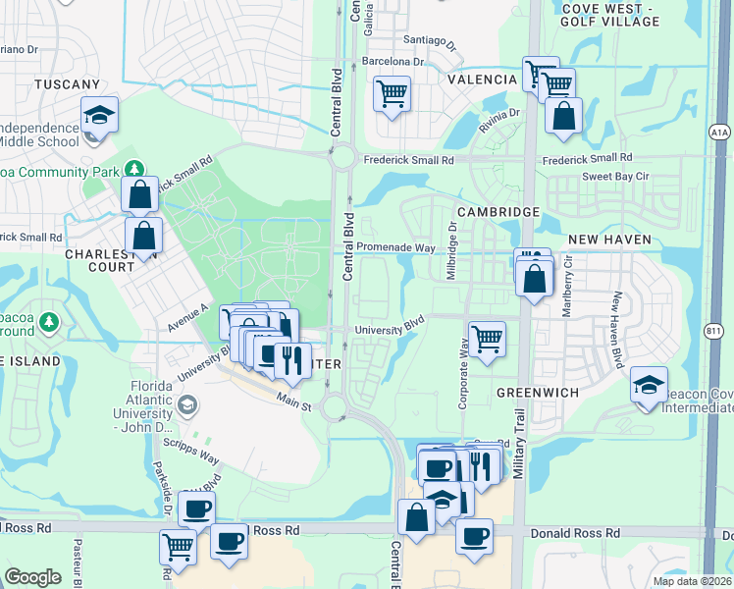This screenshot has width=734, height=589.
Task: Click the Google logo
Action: click(x=33, y=577)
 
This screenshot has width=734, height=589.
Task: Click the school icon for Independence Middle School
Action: click(x=99, y=116)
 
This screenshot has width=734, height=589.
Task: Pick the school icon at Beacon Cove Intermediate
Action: click(x=648, y=386)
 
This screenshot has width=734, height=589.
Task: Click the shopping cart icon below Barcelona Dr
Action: click(x=392, y=94)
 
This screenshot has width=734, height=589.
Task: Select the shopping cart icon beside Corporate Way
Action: click(x=487, y=340)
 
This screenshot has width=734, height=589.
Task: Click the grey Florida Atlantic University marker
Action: click(x=187, y=403)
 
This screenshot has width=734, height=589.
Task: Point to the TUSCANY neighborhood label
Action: click(x=67, y=85)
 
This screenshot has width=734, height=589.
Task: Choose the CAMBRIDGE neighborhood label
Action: click(x=498, y=212)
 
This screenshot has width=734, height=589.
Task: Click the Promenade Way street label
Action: click(x=395, y=247)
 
